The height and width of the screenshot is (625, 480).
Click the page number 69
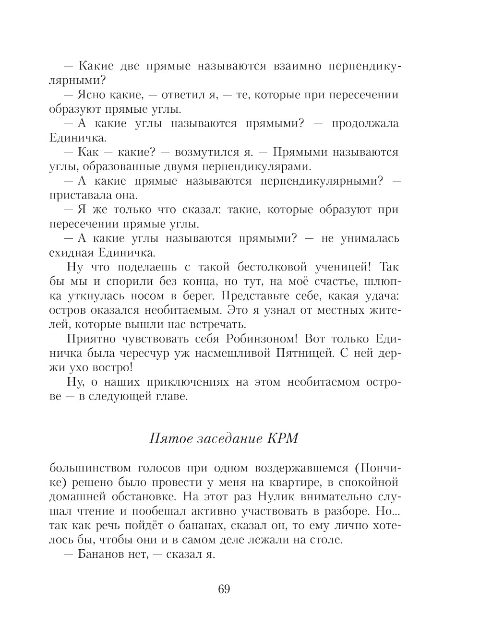pyautogui.click(x=224, y=589)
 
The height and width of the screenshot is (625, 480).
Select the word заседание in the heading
pyautogui.click(x=228, y=438)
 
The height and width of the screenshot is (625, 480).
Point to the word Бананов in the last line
pyautogui.click(x=101, y=554)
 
